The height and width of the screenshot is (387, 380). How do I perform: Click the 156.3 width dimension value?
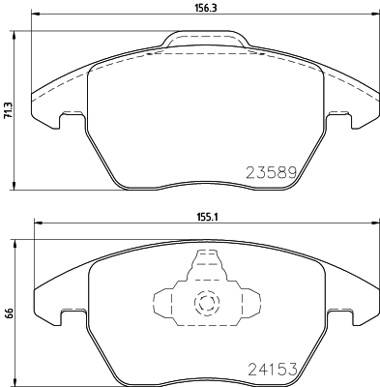point(204,6)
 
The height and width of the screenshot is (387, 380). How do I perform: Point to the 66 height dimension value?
point(9,313)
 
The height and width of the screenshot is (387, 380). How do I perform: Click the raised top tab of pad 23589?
point(204,39)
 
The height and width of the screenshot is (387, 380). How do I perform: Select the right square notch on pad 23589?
point(338,119)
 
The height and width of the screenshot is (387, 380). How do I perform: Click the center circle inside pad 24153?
point(205,303)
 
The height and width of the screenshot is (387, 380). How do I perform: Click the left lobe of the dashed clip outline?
point(164,303)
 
